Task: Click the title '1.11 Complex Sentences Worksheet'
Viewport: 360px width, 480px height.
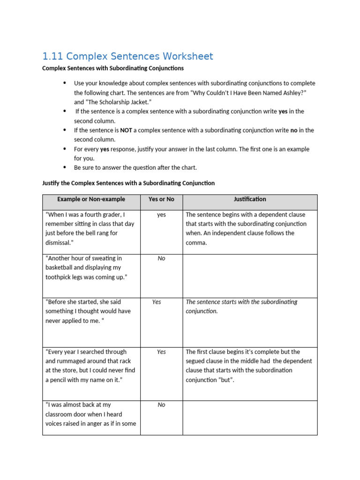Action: point(127,57)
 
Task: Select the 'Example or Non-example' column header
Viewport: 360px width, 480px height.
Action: point(91,199)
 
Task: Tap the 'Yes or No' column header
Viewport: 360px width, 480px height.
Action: point(161,199)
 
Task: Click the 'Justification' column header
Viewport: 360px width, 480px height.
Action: point(250,199)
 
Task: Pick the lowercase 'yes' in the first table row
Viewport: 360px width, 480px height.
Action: point(161,215)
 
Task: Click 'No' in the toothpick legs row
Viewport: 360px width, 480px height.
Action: point(161,258)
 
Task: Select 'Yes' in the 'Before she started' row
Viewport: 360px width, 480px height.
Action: point(157,302)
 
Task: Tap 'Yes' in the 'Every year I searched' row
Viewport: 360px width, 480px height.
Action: point(161,352)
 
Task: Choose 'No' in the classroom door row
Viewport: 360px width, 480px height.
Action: point(161,405)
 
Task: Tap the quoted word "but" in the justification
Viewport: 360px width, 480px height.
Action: point(226,380)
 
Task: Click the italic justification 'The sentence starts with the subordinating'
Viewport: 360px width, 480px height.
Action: point(241,302)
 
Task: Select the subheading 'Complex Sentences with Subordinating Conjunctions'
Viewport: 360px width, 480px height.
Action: point(113,68)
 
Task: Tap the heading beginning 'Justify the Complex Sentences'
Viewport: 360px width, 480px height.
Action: point(128,183)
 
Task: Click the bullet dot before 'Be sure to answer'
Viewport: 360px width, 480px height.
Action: point(65,167)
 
